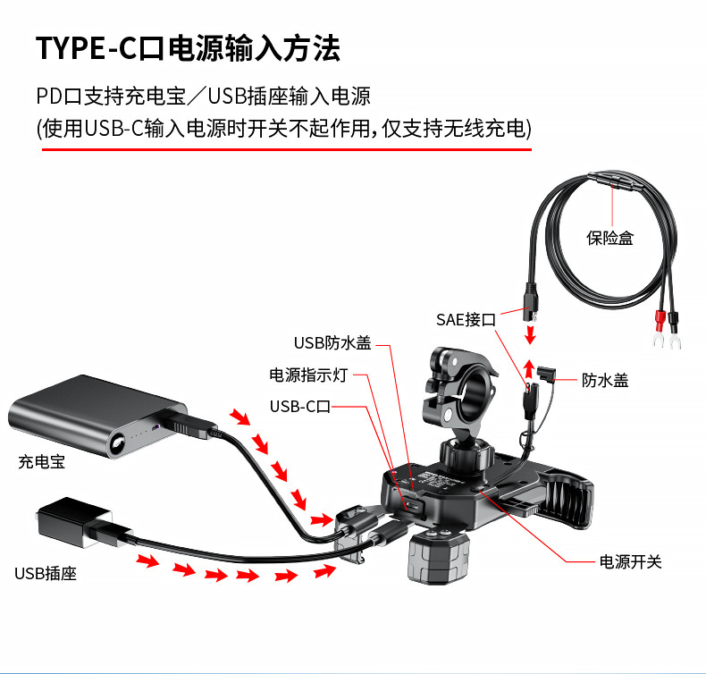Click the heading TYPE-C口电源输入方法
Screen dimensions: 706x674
pos(188,48)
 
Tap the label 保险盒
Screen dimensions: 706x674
pos(609,238)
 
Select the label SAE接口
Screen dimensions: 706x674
pos(465,318)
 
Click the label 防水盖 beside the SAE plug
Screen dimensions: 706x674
pos(605,381)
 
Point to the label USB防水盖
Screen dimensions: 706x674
pos(332,342)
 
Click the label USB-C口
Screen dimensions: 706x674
pos(300,407)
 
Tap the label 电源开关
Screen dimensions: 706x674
pos(630,562)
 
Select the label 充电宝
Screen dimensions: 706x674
pos(41,462)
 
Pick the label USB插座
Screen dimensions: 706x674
pos(46,573)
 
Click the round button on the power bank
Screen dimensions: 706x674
pos(118,443)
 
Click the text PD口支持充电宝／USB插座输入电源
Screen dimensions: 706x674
pos(204,97)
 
